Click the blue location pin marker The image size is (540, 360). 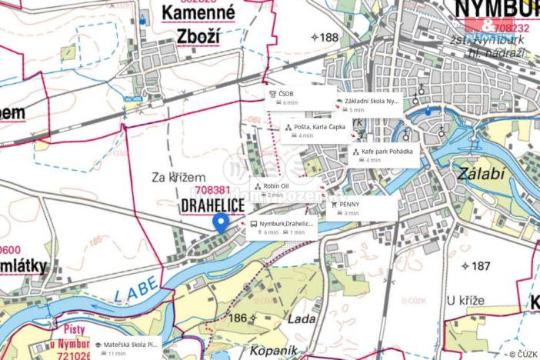[x=220, y=222]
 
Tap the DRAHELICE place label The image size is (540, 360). [x=213, y=205]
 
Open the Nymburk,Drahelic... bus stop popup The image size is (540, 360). [x=282, y=228]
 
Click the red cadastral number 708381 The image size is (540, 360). [x=213, y=190]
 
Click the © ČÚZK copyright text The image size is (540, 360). [x=523, y=354]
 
